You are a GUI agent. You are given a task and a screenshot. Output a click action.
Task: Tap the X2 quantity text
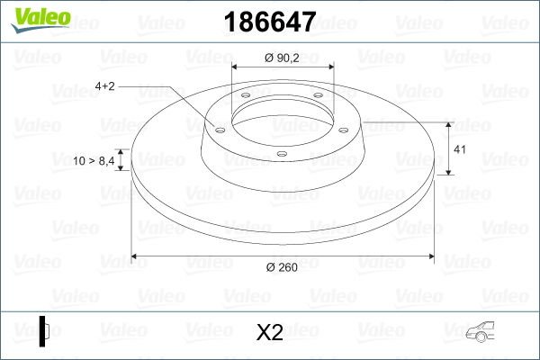click(x=270, y=333)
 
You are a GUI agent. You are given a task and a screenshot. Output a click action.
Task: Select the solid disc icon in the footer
click(x=43, y=330)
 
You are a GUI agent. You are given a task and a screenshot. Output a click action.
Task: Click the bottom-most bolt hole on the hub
click(x=282, y=154)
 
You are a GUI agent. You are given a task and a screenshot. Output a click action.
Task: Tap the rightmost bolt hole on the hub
click(x=346, y=128)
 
